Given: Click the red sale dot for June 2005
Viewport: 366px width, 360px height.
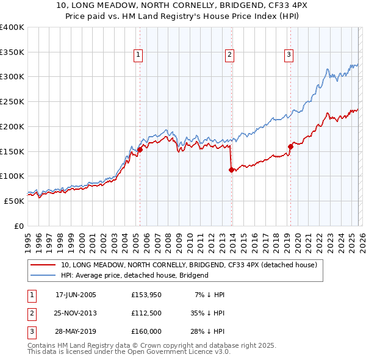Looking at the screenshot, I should pyautogui.click(x=140, y=149).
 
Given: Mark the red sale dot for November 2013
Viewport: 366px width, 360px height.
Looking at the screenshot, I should pyautogui.click(x=231, y=170).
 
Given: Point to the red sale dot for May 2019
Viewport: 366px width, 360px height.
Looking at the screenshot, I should pyautogui.click(x=290, y=146).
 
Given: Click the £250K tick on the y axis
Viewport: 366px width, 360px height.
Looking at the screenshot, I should pyautogui.click(x=13, y=101).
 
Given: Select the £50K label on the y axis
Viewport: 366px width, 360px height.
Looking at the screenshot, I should pyautogui.click(x=15, y=201).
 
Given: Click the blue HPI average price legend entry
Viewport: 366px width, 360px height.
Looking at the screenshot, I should pyautogui.click(x=135, y=275).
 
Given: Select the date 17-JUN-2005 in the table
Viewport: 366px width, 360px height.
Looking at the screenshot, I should pyautogui.click(x=76, y=295).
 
